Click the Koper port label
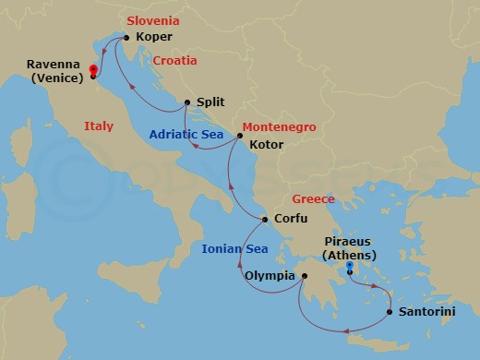[153, 38]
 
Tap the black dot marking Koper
[126, 38]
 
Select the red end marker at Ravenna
[93, 69]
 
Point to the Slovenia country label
[151, 20]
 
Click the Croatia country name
[174, 61]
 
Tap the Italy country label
[99, 126]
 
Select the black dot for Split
[187, 102]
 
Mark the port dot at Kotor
[239, 137]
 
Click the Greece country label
[313, 199]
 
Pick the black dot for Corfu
[265, 220]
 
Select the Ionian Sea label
[235, 249]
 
